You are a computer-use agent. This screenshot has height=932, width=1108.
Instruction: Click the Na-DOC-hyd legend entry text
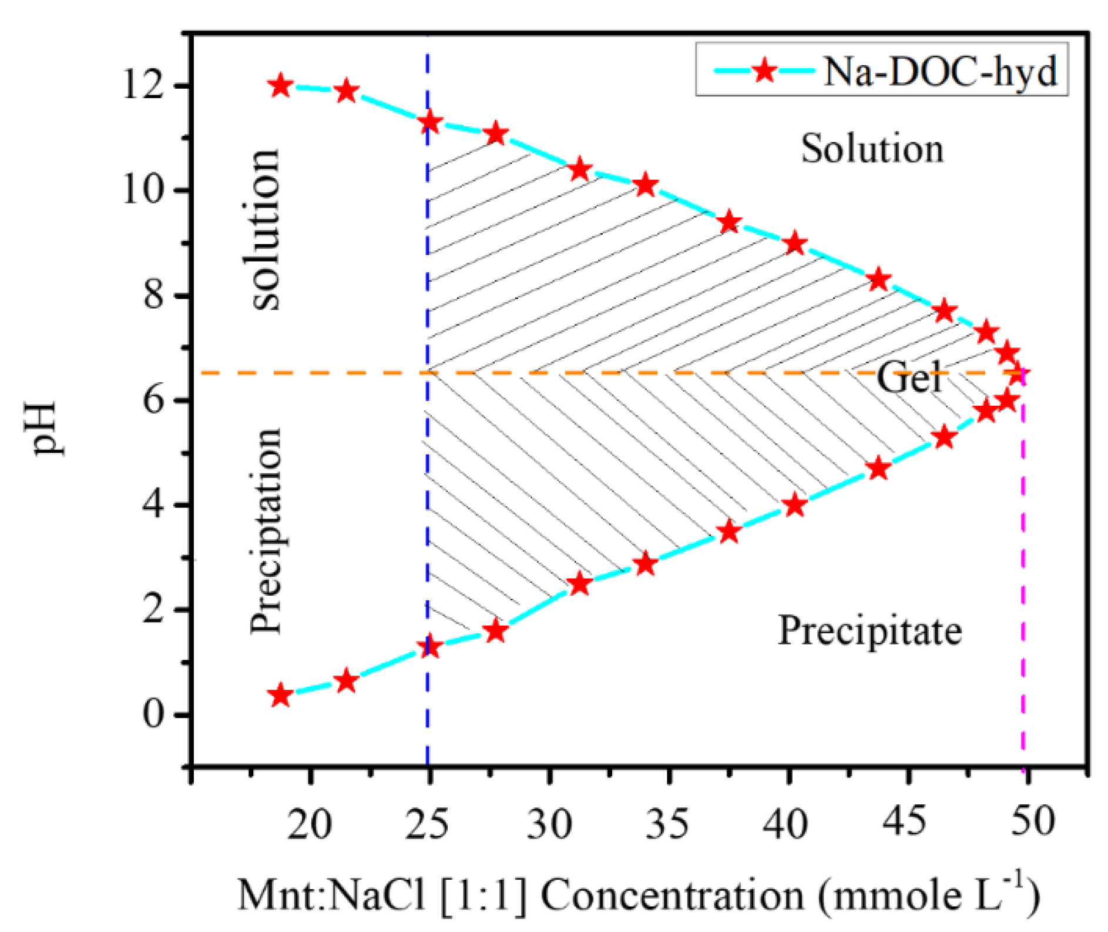click(x=939, y=72)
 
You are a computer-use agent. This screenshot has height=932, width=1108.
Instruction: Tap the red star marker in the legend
click(x=764, y=71)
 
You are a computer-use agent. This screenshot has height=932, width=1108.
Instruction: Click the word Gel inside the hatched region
click(x=909, y=377)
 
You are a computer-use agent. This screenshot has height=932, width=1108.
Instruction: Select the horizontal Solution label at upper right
click(x=872, y=148)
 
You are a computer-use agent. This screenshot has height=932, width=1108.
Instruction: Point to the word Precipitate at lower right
click(x=869, y=630)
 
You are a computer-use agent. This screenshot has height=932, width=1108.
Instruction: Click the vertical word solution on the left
click(x=266, y=229)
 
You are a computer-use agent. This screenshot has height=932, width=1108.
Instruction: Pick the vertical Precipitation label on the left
click(x=266, y=530)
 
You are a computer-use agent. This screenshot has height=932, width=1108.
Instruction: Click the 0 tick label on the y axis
click(x=153, y=715)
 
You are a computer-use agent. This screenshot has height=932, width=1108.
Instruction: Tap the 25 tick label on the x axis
click(x=428, y=823)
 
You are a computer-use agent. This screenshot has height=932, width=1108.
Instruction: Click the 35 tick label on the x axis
click(x=667, y=823)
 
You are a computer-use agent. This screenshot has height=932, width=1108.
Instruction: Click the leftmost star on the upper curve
click(x=281, y=86)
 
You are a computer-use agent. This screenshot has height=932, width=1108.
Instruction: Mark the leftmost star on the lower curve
click(x=281, y=696)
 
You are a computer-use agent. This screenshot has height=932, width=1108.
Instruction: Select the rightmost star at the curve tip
click(x=1016, y=373)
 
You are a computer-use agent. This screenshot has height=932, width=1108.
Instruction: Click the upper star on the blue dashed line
click(x=429, y=122)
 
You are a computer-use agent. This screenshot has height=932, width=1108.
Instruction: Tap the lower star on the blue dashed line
click(x=429, y=647)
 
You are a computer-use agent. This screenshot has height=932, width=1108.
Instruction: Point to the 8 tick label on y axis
click(x=153, y=296)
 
